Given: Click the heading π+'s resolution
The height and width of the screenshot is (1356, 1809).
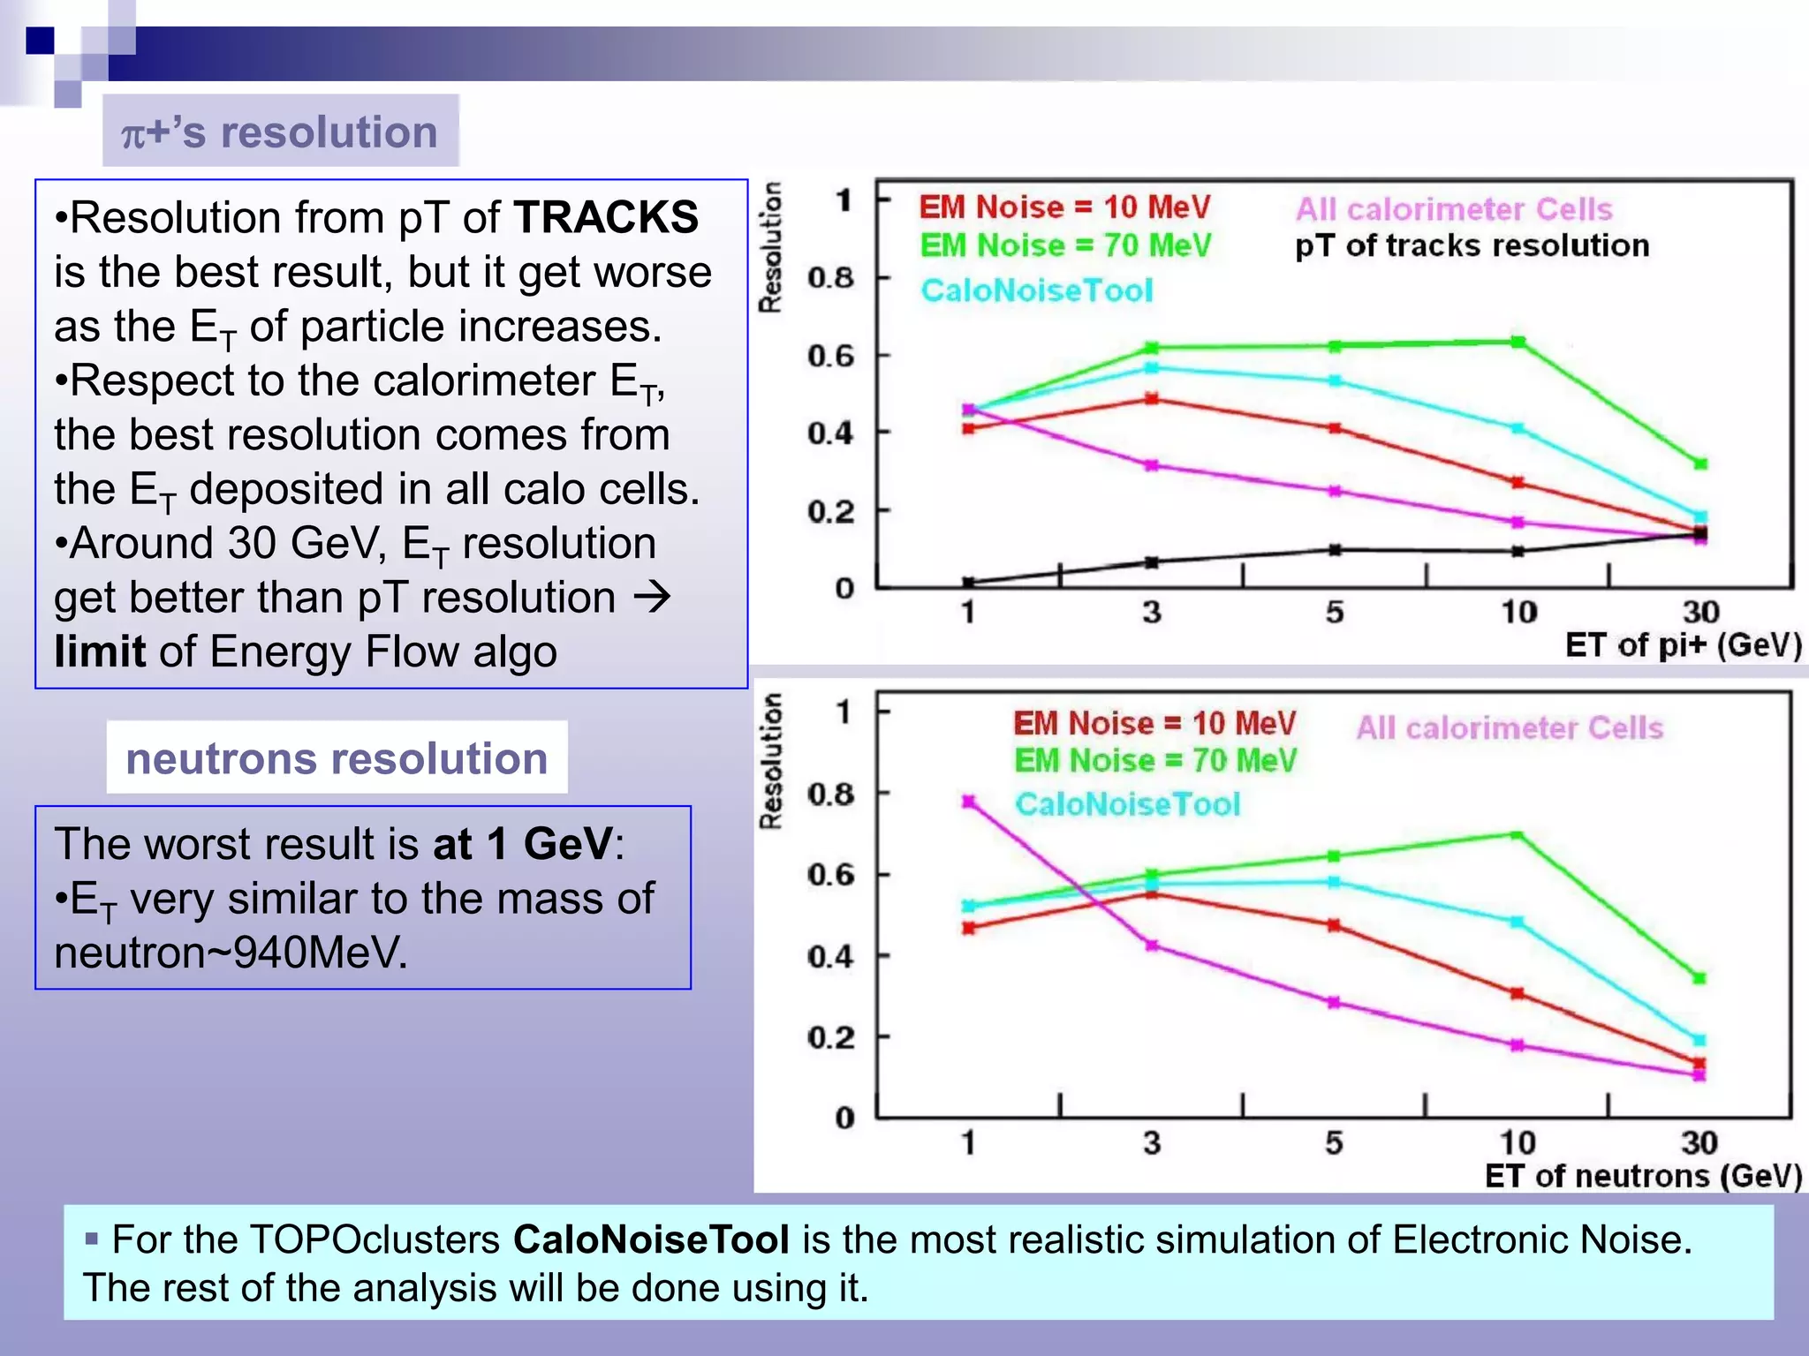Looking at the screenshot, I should click(x=280, y=132).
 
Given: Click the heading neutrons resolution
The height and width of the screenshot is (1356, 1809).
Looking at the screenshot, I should click(x=337, y=759).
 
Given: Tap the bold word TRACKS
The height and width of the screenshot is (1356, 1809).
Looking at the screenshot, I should click(x=605, y=217).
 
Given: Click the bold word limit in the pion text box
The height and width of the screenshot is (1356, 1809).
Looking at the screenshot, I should click(x=99, y=652).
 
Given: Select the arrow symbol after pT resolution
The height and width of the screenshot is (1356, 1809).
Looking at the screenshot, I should click(x=653, y=598).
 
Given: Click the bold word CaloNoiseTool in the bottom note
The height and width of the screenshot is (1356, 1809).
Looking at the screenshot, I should click(x=651, y=1239).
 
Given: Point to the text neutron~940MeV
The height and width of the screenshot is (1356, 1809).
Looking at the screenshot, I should click(x=231, y=953).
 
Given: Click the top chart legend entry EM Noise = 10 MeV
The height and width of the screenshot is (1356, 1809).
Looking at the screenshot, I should click(x=1064, y=207).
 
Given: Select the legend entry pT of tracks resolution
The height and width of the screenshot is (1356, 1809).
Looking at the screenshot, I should click(x=1472, y=245).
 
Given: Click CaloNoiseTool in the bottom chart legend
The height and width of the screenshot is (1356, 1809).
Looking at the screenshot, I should click(x=1127, y=804).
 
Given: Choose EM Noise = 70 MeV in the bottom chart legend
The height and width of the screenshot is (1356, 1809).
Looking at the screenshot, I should click(x=1154, y=761).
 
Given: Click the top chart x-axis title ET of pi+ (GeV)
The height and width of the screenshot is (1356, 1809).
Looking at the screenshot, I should click(x=1683, y=645).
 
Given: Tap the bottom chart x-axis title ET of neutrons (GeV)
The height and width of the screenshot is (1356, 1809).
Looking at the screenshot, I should click(x=1643, y=1176).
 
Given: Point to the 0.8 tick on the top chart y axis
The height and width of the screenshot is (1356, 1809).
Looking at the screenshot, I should click(x=831, y=278).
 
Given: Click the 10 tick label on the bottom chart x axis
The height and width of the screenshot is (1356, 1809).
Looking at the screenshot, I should click(x=1518, y=1143).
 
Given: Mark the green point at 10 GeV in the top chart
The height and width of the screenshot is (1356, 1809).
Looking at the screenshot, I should click(x=1518, y=342).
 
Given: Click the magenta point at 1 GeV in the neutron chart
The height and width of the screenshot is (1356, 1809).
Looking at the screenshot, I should click(x=969, y=802).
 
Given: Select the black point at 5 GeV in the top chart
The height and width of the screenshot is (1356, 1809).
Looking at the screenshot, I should click(x=1335, y=550).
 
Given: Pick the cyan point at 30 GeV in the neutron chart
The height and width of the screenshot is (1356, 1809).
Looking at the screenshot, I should click(x=1699, y=1040).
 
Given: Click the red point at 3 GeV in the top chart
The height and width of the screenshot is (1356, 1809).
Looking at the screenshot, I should click(x=1152, y=399).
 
